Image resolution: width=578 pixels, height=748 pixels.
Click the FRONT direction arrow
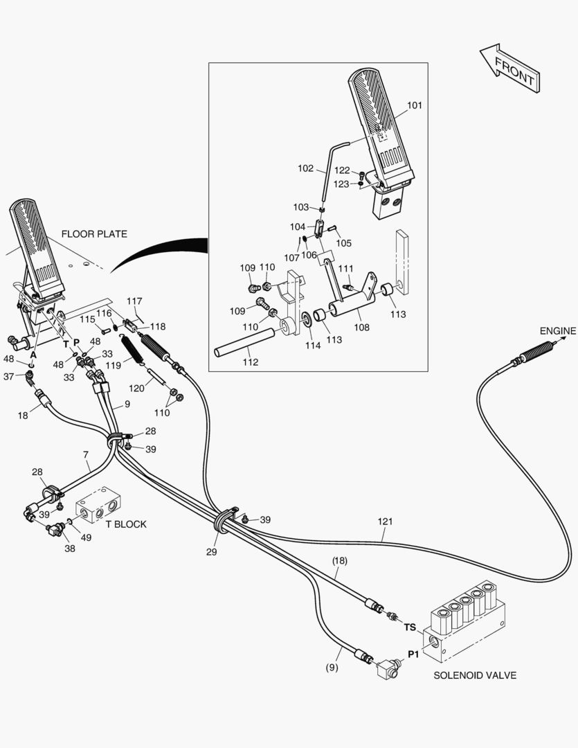(x=509, y=69)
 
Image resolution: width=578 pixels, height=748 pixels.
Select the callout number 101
(x=414, y=105)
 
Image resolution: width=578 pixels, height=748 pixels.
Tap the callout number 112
(x=250, y=362)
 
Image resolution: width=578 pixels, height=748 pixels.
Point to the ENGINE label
(x=557, y=331)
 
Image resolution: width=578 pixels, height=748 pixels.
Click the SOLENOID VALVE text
(x=474, y=675)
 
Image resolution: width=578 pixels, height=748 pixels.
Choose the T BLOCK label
(x=125, y=524)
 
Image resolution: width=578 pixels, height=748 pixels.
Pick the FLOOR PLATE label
(x=94, y=234)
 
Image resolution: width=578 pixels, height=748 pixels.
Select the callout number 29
(x=211, y=552)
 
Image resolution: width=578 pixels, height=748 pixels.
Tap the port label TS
(x=410, y=627)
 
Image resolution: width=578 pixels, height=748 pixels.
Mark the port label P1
(x=413, y=654)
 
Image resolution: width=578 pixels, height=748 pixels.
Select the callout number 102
(x=305, y=168)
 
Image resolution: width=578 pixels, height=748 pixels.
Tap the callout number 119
(x=114, y=365)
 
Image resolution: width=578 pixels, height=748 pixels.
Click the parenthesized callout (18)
(x=338, y=562)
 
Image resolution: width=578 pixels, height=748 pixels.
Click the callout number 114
(x=314, y=346)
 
